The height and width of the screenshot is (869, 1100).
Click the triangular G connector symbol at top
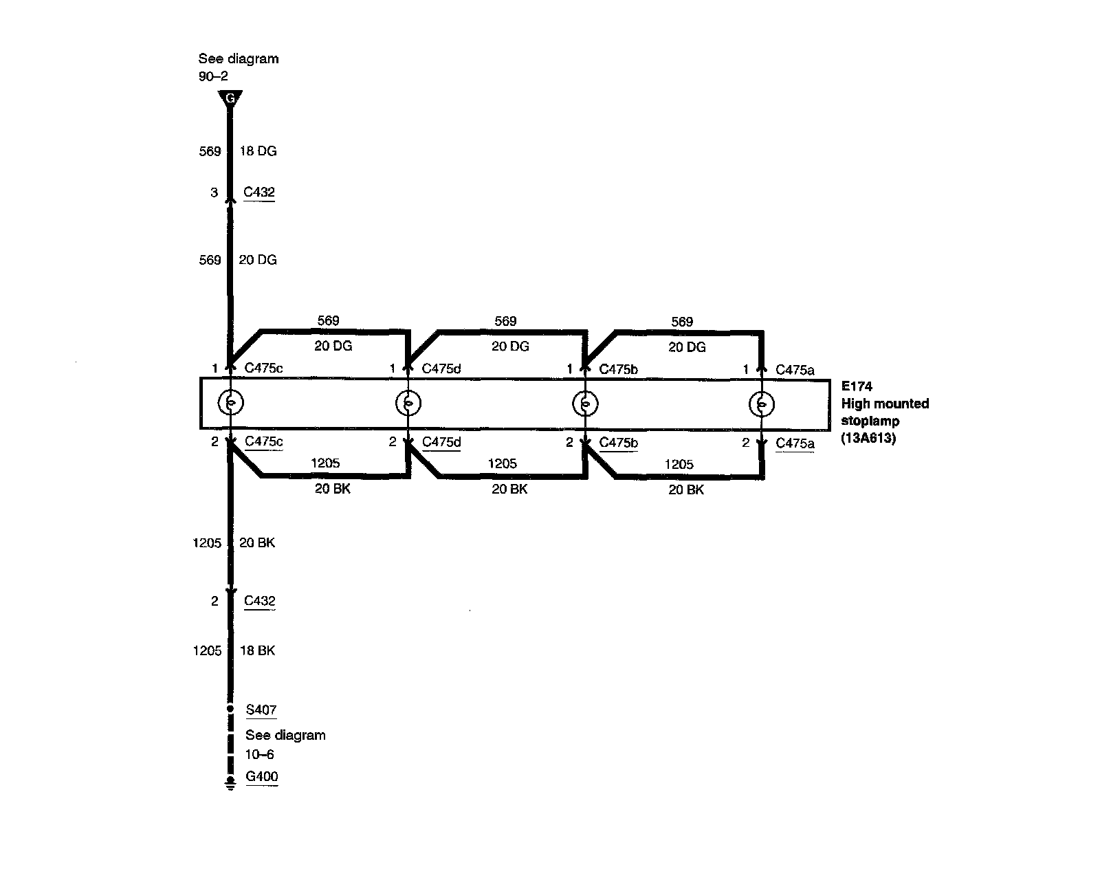click(x=230, y=98)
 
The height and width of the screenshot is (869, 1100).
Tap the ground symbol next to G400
click(x=230, y=785)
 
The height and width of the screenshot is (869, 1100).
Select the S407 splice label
click(x=261, y=709)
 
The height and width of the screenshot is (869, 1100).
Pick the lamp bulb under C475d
click(x=408, y=403)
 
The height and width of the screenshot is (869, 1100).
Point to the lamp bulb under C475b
click(x=584, y=404)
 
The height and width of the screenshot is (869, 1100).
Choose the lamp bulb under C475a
click(x=761, y=404)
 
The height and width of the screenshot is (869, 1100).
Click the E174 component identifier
click(x=857, y=386)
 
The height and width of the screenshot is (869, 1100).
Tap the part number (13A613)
click(x=868, y=438)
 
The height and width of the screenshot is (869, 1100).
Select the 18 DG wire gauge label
click(x=258, y=151)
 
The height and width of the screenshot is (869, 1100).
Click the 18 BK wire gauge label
click(x=257, y=650)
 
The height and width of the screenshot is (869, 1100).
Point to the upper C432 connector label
click(x=259, y=192)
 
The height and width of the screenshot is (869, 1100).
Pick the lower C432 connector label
click(x=260, y=601)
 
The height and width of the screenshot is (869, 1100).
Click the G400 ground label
click(x=262, y=777)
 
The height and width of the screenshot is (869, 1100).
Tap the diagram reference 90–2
click(x=213, y=77)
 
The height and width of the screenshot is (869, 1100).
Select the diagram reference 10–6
click(x=260, y=754)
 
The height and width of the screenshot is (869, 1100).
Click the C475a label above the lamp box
click(x=795, y=370)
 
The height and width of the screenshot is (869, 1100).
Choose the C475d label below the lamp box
click(x=441, y=442)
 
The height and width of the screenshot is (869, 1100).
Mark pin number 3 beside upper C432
click(x=214, y=192)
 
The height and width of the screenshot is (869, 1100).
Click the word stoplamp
click(x=870, y=421)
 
